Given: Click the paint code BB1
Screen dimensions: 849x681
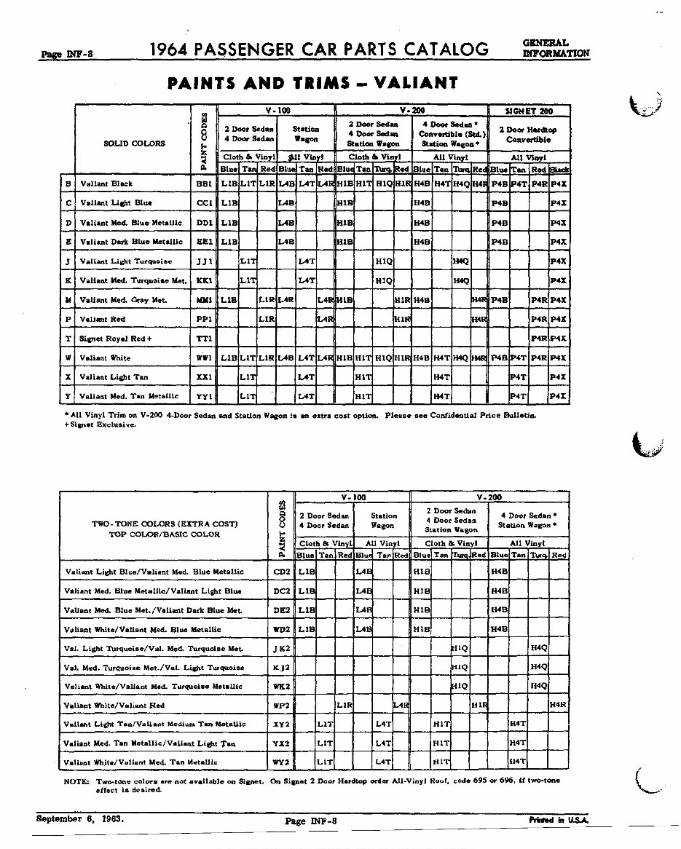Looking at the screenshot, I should click(205, 184).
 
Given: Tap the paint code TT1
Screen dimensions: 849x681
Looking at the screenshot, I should click(205, 339).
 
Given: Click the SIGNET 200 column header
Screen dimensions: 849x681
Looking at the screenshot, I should click(529, 110).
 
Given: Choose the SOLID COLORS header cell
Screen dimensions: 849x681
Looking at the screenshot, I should click(134, 143).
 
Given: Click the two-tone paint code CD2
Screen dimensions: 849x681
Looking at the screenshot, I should click(281, 572).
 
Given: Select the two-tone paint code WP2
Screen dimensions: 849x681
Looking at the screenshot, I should click(281, 706).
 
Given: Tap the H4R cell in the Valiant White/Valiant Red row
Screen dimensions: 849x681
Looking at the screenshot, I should click(558, 706).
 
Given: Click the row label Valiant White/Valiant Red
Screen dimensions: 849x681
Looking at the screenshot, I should click(114, 706).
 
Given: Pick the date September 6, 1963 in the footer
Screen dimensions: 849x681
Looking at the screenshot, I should click(80, 818).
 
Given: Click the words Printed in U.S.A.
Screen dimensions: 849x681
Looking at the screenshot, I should click(559, 820).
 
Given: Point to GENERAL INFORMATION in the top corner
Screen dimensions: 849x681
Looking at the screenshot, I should click(556, 48).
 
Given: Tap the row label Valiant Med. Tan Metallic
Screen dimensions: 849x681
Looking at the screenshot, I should click(128, 397).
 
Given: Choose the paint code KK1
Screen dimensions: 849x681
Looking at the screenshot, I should click(205, 280).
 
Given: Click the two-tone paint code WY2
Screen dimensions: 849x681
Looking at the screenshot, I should click(281, 762).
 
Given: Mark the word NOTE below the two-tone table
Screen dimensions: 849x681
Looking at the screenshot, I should click(76, 781).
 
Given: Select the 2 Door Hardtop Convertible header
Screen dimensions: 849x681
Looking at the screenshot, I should click(529, 134).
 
